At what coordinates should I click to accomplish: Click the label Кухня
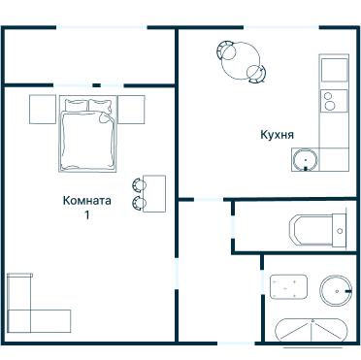(x=278, y=134)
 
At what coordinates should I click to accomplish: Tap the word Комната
(x=87, y=200)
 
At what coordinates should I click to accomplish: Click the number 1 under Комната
(x=86, y=214)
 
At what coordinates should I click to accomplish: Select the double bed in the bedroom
(x=87, y=134)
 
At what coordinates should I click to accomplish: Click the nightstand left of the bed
(x=43, y=110)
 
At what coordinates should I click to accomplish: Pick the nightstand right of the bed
(x=131, y=110)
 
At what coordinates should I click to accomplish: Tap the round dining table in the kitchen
(x=241, y=61)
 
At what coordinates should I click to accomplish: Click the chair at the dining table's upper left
(x=226, y=49)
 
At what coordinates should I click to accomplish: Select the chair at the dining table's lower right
(x=256, y=74)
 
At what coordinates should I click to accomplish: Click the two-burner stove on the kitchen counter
(x=334, y=101)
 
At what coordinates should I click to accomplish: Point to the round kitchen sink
(x=305, y=160)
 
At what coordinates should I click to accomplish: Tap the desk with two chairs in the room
(x=154, y=194)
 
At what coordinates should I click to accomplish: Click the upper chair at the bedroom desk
(x=139, y=184)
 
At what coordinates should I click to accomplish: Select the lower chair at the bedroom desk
(x=139, y=203)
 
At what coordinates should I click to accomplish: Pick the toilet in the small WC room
(x=318, y=231)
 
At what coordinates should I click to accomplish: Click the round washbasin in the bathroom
(x=336, y=291)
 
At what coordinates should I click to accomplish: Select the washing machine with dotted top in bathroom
(x=289, y=287)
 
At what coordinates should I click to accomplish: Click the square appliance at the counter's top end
(x=334, y=70)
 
